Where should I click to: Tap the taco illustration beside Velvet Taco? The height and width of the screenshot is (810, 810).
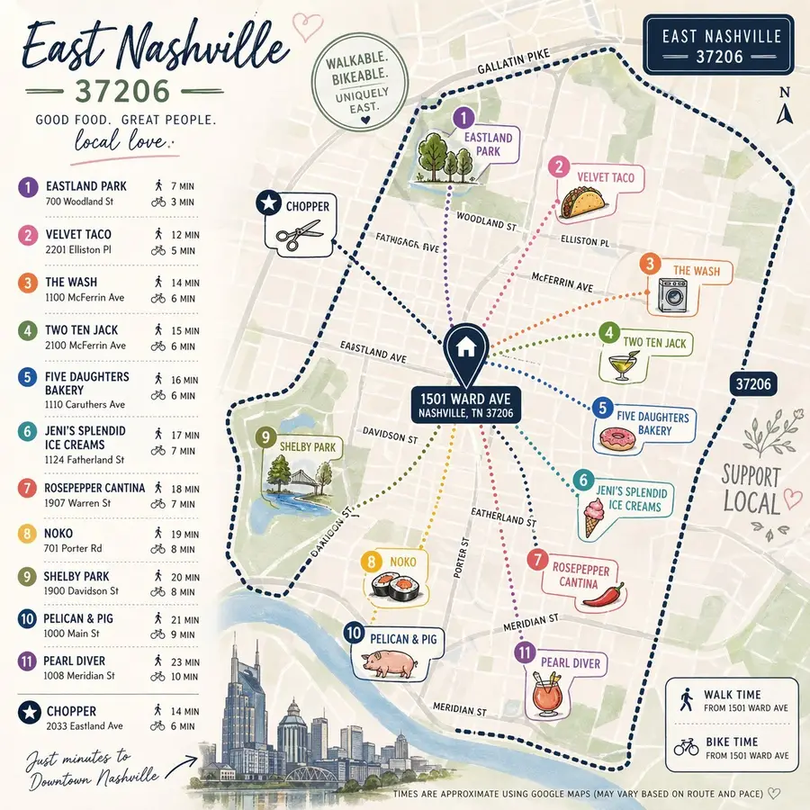pyautogui.click(x=572, y=206)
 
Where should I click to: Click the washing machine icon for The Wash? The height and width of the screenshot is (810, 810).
pyautogui.click(x=672, y=295)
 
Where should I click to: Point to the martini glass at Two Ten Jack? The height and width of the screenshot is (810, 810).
pyautogui.click(x=619, y=365)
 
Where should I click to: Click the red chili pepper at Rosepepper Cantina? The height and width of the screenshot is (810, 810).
pyautogui.click(x=612, y=596)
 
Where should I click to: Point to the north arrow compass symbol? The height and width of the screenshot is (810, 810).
pyautogui.click(x=785, y=110)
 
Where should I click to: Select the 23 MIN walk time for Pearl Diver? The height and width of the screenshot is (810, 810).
pyautogui.click(x=183, y=661)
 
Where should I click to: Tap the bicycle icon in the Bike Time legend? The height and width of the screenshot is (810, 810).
pyautogui.click(x=686, y=747)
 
